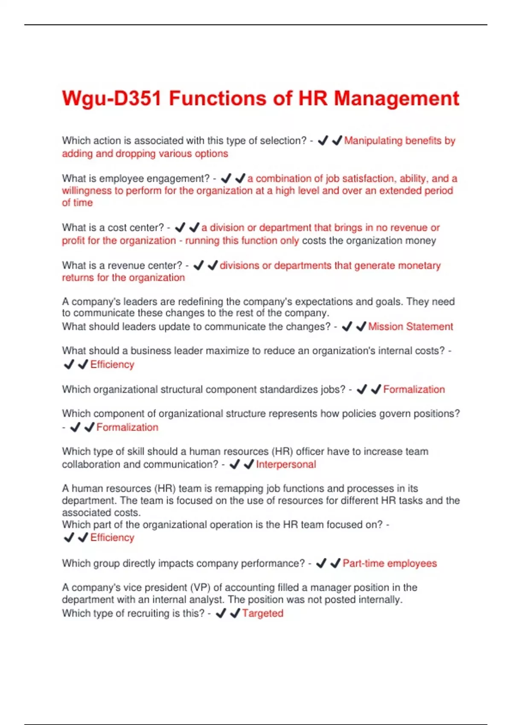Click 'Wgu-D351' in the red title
111,98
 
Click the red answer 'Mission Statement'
410,327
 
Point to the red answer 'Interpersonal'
286,464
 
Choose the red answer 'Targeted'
262,613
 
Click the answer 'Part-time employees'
390,563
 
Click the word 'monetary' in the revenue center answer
419,265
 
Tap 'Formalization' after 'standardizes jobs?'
414,389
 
